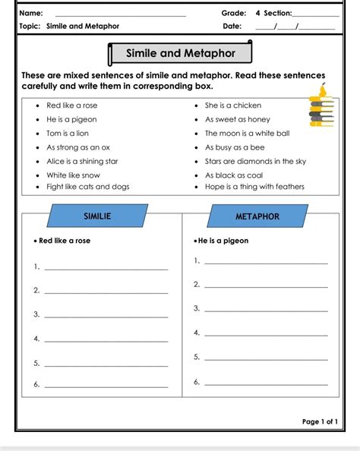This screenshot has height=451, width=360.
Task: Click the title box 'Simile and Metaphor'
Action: pyautogui.click(x=179, y=54)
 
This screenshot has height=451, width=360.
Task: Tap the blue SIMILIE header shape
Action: pyautogui.click(x=96, y=216)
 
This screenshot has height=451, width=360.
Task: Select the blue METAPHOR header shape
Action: pyautogui.click(x=257, y=216)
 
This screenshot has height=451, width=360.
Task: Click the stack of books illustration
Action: pyautogui.click(x=321, y=107)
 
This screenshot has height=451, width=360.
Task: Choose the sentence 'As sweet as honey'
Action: pyautogui.click(x=237, y=119)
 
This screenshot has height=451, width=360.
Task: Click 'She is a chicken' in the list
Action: pyautogui.click(x=233, y=106)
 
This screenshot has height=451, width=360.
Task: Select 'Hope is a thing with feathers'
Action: pyautogui.click(x=254, y=186)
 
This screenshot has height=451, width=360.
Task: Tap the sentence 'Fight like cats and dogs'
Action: pyautogui.click(x=87, y=186)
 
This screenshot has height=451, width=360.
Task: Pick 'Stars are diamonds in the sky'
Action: pyautogui.click(x=255, y=161)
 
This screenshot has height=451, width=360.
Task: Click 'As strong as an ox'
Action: pyautogui.click(x=78, y=147)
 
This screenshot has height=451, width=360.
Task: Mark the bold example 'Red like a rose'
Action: pyautogui.click(x=66, y=241)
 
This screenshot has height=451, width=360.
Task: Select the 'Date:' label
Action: pyautogui.click(x=232, y=26)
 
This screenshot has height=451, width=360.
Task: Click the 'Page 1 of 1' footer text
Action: pyautogui.click(x=320, y=421)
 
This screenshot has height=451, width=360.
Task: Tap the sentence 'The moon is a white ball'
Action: pyautogui.click(x=247, y=133)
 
